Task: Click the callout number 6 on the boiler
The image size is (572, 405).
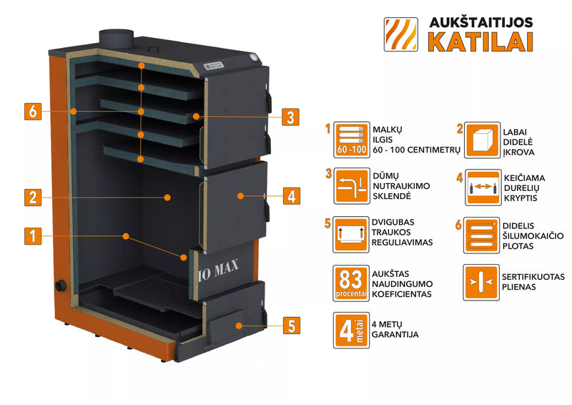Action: tap(31, 112)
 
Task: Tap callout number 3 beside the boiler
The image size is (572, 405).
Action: tap(289, 117)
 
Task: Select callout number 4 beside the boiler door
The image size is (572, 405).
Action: tap(289, 195)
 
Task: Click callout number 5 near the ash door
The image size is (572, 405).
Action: tap(289, 326)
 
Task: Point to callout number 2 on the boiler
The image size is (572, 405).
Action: tap(31, 195)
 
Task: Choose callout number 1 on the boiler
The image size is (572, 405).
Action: tap(31, 235)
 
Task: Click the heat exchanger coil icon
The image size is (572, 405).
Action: tap(480, 236)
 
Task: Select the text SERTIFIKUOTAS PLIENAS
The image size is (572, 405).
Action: tap(533, 281)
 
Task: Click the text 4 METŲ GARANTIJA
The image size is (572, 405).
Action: tap(395, 329)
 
